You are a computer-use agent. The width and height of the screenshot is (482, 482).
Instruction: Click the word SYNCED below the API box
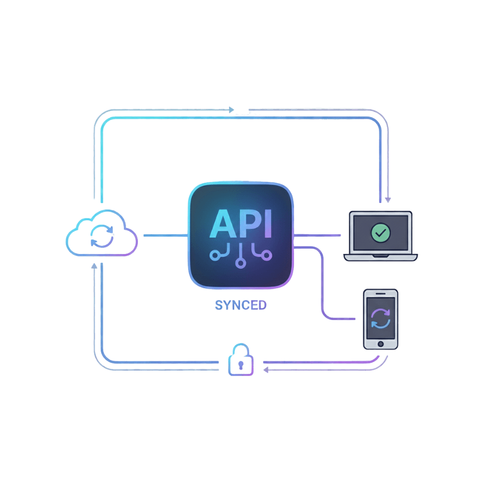240,305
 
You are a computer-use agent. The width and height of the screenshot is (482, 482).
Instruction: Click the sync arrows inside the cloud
102,236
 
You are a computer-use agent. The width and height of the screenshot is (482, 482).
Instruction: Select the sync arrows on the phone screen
380,319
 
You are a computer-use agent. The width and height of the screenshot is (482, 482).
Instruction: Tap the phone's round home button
380,344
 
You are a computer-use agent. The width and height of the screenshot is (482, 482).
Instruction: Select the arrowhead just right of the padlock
265,370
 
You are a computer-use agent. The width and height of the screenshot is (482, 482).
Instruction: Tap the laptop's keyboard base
380,257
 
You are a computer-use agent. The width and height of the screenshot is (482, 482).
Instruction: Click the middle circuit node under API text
240,263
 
